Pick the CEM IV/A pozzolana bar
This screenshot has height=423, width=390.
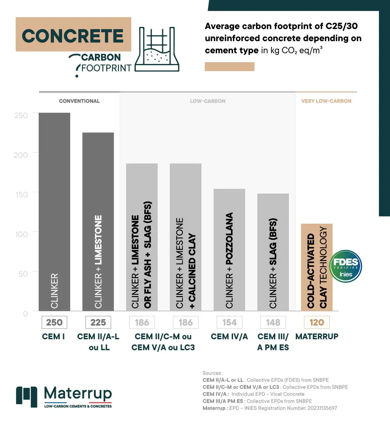click(229, 250)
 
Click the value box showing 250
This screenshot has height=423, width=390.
click(54, 322)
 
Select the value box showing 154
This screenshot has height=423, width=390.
click(229, 322)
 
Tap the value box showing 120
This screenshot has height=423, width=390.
click(317, 322)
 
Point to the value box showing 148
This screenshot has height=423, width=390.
click(273, 322)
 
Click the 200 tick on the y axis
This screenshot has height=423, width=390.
click(21, 155)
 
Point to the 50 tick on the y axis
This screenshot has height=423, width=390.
click(23, 274)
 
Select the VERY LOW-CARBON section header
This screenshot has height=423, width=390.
click(326, 101)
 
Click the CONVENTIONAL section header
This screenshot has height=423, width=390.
click(79, 101)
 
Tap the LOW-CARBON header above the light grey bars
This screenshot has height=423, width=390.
click(208, 101)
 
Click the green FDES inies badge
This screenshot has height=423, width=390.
click(345, 266)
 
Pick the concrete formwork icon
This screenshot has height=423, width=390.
click(157, 49)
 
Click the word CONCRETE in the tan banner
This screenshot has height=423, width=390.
click(73, 35)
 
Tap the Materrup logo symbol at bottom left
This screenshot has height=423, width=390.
click(27, 396)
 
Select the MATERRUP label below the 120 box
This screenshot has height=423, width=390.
click(317, 336)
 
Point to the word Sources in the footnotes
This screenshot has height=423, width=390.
click(212, 373)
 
